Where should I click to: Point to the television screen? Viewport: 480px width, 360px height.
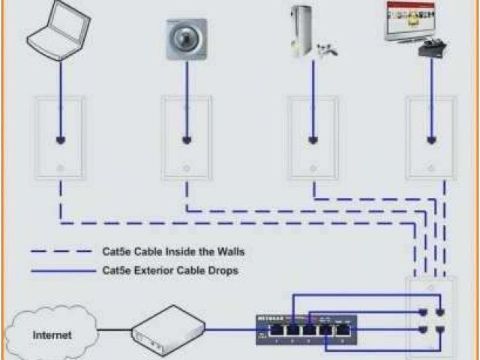pyautogui.click(x=409, y=20)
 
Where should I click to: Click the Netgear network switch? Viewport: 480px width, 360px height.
pyautogui.click(x=306, y=328)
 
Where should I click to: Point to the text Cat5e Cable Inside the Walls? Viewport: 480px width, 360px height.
pyautogui.click(x=172, y=251)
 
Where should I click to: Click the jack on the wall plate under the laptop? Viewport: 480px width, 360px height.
pyautogui.click(x=59, y=139)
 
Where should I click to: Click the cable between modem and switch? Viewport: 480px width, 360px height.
pyautogui.click(x=230, y=328)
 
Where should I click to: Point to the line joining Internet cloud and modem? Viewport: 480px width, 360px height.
pyautogui.click(x=116, y=328)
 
